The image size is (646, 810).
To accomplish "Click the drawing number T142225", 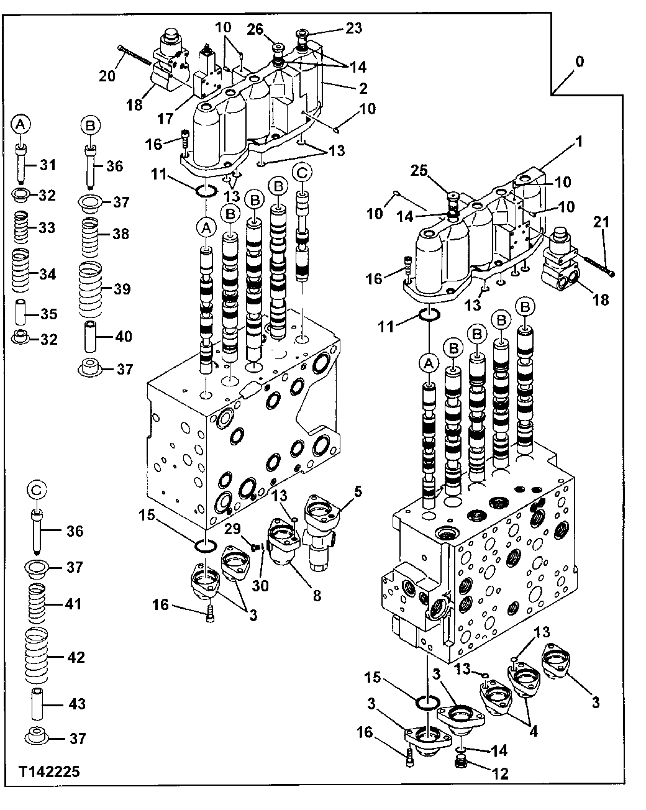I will click(x=49, y=772).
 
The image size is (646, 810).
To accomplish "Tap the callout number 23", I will click(x=354, y=27).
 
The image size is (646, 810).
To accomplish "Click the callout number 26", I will click(x=256, y=28).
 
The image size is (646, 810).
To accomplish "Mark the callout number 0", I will click(x=579, y=62).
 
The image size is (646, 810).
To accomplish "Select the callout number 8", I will click(x=317, y=596).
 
